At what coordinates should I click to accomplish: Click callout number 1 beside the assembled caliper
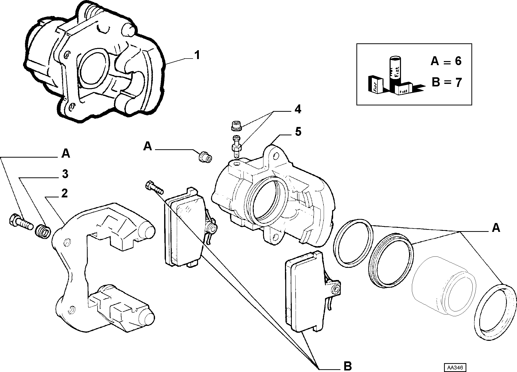coord(197,55)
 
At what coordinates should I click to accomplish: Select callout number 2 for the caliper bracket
coord(64,194)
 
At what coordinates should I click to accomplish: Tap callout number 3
coord(65,174)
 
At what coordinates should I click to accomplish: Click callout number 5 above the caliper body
coord(298,132)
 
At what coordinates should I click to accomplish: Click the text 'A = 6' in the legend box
coord(446,61)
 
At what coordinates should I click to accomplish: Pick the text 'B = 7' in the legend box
coord(446,82)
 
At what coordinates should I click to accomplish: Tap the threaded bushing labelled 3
coord(43,231)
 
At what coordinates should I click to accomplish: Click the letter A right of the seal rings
coord(496,228)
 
